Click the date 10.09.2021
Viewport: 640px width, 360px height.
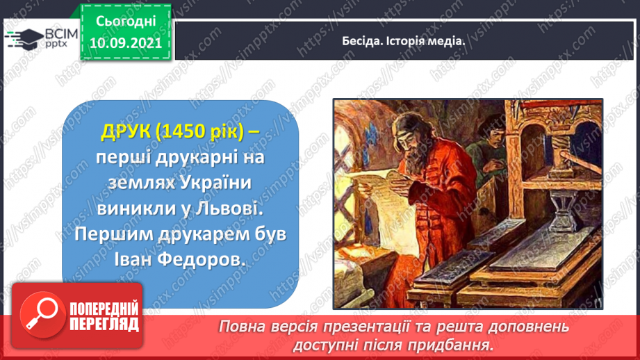[x=126, y=43]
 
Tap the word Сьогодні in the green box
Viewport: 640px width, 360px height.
[x=126, y=22]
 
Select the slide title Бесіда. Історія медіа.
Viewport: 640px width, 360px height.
[x=403, y=41]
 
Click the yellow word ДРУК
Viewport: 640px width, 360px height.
[x=126, y=131]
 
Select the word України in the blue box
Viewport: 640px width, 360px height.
[x=215, y=183]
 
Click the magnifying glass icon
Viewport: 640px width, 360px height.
[x=42, y=314]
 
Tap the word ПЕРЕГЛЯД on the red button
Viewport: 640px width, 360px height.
[x=104, y=325]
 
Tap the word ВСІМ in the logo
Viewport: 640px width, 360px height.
[x=61, y=34]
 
